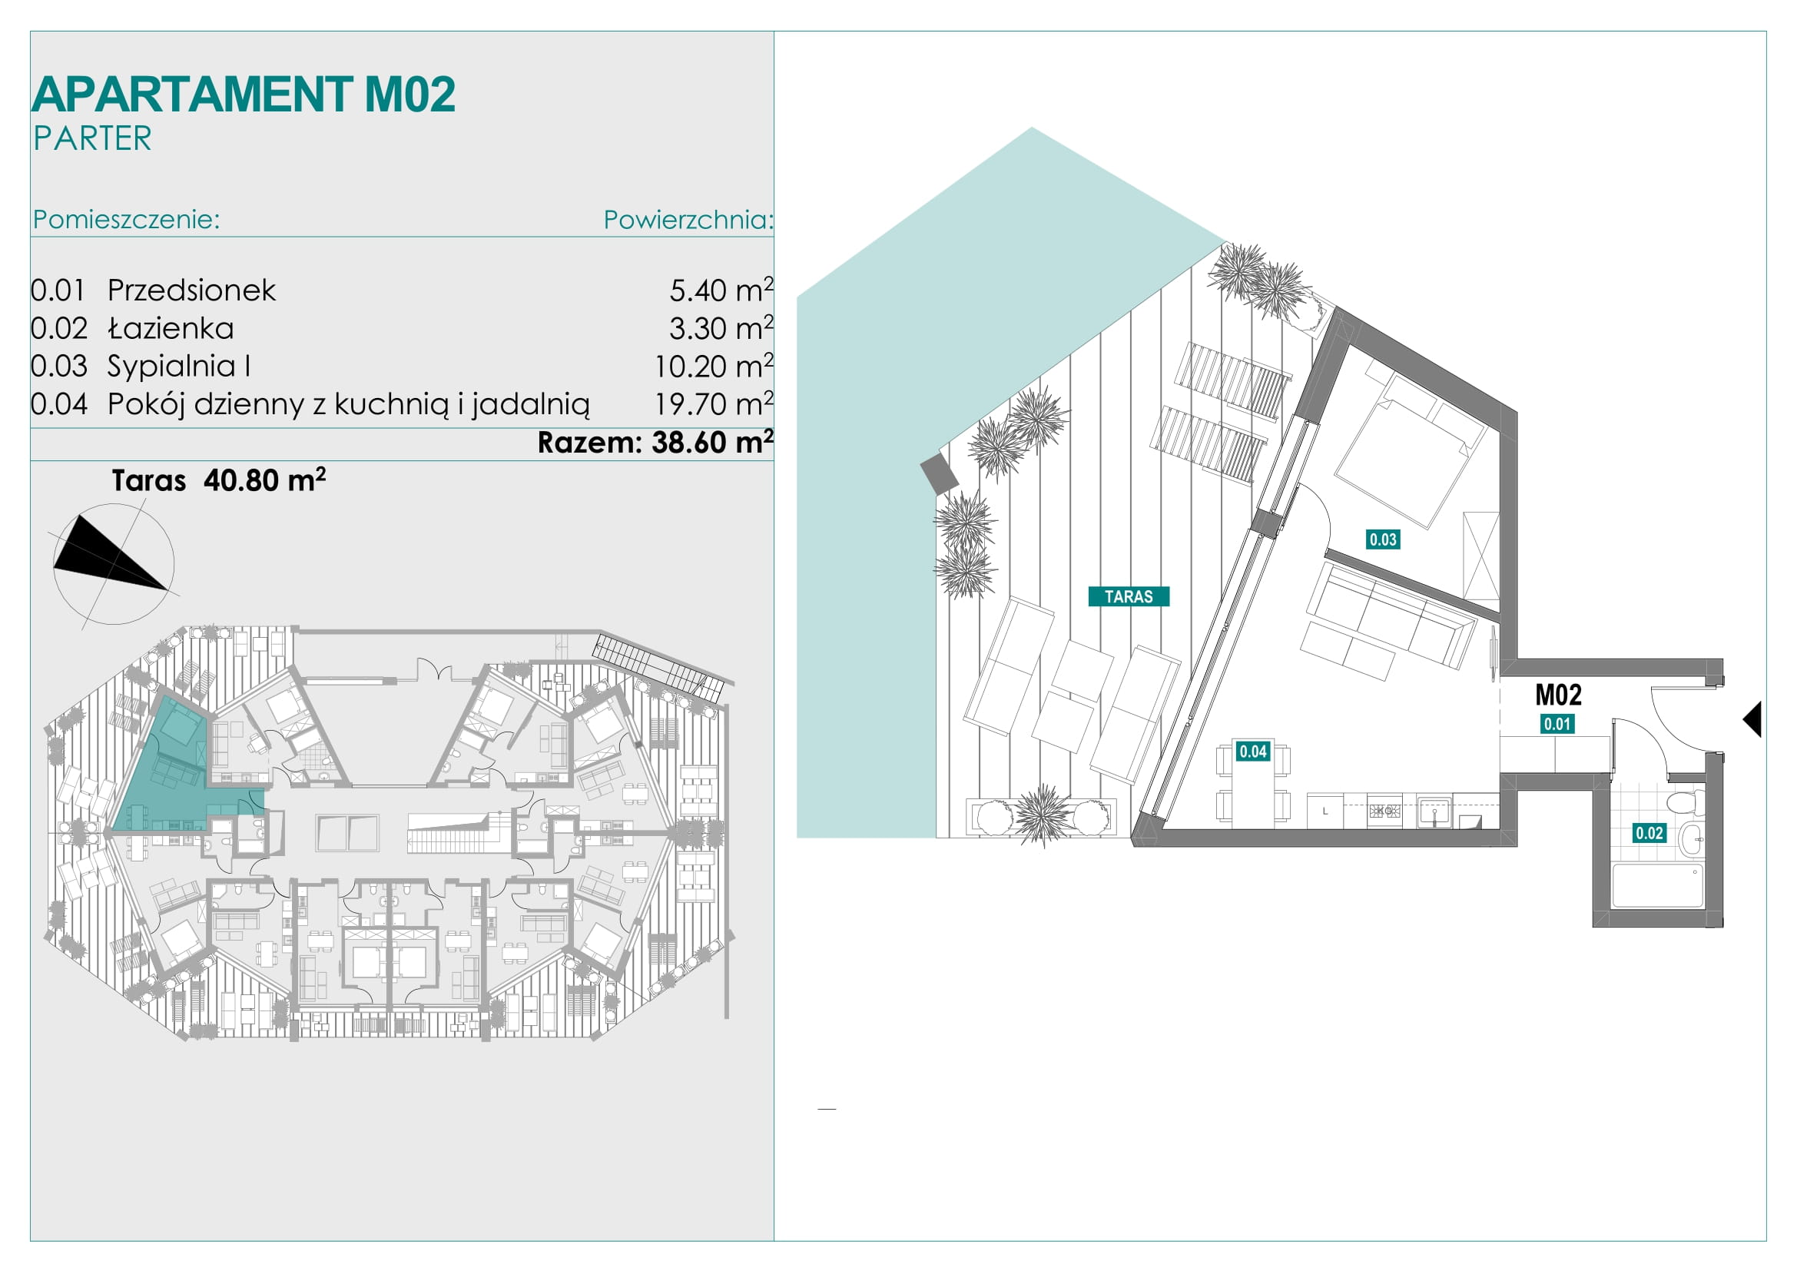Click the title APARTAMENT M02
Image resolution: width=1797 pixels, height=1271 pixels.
pyautogui.click(x=244, y=95)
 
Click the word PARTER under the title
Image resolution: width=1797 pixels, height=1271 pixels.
pyautogui.click(x=92, y=138)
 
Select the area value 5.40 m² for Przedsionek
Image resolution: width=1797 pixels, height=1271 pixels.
pyautogui.click(x=721, y=290)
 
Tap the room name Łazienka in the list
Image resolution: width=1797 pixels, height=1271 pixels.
pyautogui.click(x=171, y=328)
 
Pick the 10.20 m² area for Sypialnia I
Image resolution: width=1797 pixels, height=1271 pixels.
pyautogui.click(x=714, y=366)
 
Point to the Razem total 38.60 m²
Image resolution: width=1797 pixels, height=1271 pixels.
pyautogui.click(x=655, y=442)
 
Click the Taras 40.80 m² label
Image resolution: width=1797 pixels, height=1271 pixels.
pyautogui.click(x=218, y=480)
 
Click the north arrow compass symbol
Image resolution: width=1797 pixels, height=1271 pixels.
pyautogui.click(x=114, y=564)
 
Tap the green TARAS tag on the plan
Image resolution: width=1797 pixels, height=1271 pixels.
pyautogui.click(x=1129, y=596)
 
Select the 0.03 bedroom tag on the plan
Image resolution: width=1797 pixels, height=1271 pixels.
pyautogui.click(x=1383, y=539)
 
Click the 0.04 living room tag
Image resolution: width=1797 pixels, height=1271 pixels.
pyautogui.click(x=1252, y=752)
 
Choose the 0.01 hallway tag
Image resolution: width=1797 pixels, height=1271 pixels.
pyautogui.click(x=1557, y=724)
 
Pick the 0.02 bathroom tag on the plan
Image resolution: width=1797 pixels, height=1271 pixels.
pyautogui.click(x=1649, y=834)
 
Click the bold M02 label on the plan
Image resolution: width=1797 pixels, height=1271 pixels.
pyautogui.click(x=1558, y=695)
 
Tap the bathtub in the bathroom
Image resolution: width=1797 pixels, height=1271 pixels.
pyautogui.click(x=1658, y=885)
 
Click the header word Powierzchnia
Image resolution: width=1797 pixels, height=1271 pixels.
pyautogui.click(x=688, y=220)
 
